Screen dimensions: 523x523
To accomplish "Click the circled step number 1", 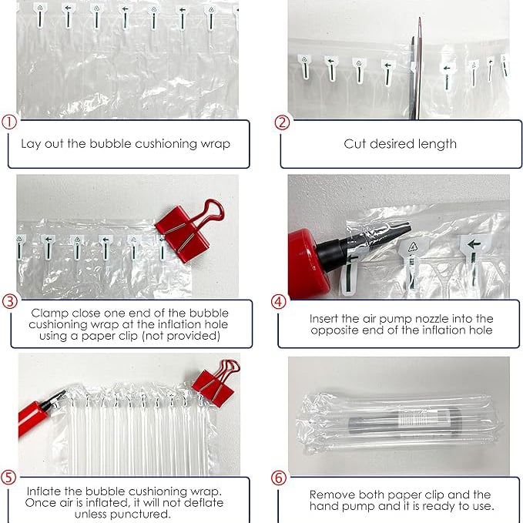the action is tap(9, 122).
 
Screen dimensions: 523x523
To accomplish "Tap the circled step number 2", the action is tap(282, 122).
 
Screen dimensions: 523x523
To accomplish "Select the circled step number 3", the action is tap(9, 301).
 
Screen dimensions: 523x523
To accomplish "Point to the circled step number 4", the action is tap(279, 302).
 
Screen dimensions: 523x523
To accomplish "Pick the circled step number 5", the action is tap(8, 478).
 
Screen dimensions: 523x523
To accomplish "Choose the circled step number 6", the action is tap(279, 478).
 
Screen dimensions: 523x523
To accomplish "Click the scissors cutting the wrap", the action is tap(416, 69).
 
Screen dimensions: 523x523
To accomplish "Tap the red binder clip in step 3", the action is tap(186, 232).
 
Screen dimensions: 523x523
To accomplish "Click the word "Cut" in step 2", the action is tap(354, 144).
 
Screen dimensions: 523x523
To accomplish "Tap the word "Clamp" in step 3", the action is tap(50, 313).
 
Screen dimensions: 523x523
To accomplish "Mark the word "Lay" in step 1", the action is tap(31, 144).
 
